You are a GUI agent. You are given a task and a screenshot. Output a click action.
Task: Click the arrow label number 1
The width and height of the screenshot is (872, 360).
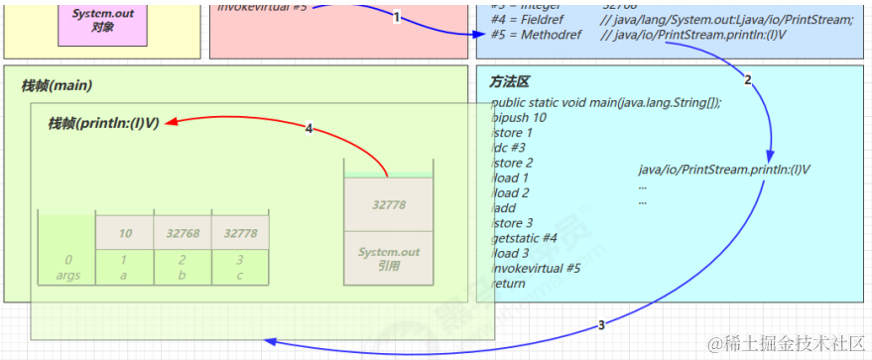[x=397, y=17]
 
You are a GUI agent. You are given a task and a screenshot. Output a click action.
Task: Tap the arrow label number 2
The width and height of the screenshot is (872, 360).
[x=748, y=79]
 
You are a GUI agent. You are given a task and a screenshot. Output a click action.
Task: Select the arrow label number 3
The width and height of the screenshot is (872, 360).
[x=601, y=324]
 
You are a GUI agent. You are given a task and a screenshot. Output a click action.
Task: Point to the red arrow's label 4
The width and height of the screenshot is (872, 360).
[x=310, y=129]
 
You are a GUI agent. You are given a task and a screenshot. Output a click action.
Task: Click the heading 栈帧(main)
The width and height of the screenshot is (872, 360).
[x=57, y=86]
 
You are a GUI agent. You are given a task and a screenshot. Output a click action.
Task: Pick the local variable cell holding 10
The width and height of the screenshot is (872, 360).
[x=125, y=233]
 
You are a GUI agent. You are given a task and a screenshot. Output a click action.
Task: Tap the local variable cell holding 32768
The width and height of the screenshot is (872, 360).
[x=183, y=233]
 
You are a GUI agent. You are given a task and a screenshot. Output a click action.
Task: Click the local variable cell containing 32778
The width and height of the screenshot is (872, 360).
[x=240, y=233]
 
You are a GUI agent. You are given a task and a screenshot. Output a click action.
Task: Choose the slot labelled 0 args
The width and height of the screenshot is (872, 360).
[x=67, y=267]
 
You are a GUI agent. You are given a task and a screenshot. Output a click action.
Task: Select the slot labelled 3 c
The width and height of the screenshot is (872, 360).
[x=240, y=267]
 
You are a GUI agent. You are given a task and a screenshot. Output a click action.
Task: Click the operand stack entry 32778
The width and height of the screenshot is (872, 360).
[x=389, y=204]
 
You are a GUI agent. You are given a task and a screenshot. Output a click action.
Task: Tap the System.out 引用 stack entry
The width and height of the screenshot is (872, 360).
[x=389, y=258]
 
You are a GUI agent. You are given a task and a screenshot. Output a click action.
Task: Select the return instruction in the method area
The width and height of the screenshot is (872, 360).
[x=508, y=284]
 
